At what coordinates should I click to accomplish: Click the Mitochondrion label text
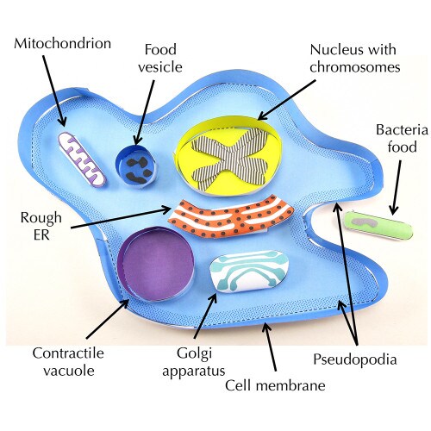[62, 44]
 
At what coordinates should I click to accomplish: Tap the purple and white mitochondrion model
[82, 160]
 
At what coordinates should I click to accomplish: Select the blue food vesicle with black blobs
[136, 166]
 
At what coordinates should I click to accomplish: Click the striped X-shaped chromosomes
[230, 157]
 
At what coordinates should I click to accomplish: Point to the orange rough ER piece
[231, 217]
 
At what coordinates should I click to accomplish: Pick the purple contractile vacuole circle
[156, 264]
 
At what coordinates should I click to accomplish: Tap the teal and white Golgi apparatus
[249, 272]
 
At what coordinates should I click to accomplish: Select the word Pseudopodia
[355, 359]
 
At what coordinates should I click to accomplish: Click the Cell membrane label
[275, 385]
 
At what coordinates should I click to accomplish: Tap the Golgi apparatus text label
[194, 362]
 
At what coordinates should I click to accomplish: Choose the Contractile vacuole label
[68, 362]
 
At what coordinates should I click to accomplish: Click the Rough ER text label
[41, 227]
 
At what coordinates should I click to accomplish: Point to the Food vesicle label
[160, 59]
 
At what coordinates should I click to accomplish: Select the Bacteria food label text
[402, 139]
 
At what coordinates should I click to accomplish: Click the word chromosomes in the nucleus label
[355, 67]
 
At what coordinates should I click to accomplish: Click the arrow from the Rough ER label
[121, 218]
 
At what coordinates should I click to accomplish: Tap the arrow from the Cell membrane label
[270, 347]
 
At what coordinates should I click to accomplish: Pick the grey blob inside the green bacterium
[364, 222]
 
